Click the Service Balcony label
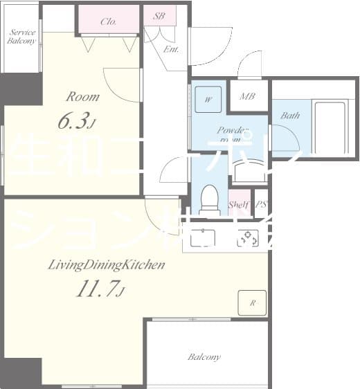point(21,36)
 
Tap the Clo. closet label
point(108,21)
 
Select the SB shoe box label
point(159,15)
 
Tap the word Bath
point(290,116)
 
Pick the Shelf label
point(238,204)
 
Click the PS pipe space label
point(260,204)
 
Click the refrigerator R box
point(253,302)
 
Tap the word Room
point(82,97)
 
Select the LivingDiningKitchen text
point(105,264)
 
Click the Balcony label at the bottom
point(204,357)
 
